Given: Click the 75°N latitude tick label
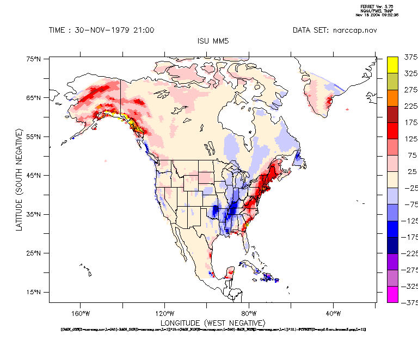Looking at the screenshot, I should coord(34,59).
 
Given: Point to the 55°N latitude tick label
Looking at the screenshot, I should coord(34,136).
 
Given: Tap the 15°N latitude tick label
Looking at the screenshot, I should coord(34,292).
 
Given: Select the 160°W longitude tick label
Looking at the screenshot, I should coord(80,314).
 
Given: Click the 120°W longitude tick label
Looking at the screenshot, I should coord(164,314).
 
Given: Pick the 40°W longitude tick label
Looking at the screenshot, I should coord(333,314).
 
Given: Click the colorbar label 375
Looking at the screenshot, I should coord(410,57).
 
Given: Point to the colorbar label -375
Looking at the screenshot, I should coord(410,303).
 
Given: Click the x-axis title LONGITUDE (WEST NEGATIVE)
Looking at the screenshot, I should coord(212,323).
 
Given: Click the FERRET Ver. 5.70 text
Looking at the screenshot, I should coord(373,6).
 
